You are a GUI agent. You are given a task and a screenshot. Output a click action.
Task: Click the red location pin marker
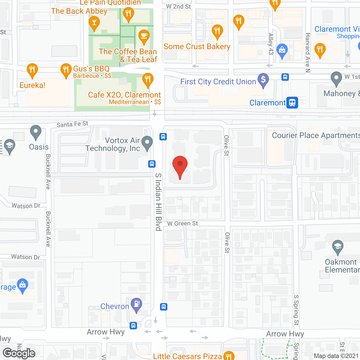point(180,166)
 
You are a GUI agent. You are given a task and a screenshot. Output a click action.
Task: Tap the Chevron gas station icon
point(136,305)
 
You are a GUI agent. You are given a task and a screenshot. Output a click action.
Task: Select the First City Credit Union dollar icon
point(263,80)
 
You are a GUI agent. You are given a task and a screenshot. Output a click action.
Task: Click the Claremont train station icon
point(292,103)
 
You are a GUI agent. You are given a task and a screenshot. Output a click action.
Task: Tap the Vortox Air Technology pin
point(147,143)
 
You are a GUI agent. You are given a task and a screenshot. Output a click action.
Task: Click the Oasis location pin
point(36,132)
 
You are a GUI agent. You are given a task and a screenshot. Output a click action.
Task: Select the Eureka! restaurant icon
point(32,70)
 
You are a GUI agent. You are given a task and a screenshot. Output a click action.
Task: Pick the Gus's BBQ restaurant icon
point(66,70)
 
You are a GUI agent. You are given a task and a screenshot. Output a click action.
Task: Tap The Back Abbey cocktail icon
point(94,23)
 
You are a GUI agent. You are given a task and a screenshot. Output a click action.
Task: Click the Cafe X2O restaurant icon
point(148,80)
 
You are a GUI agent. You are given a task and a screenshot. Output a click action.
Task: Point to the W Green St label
point(183,224)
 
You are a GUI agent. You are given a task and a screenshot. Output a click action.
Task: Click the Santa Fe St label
point(72,124)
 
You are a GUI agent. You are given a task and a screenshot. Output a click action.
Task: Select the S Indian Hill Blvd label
point(158,202)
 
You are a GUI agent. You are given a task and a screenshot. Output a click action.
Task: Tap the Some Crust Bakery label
point(197,47)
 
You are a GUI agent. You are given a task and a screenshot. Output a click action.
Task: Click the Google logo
point(19,353)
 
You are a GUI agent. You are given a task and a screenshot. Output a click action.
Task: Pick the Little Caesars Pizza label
point(187,356)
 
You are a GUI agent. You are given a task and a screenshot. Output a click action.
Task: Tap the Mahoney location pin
point(336,78)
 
